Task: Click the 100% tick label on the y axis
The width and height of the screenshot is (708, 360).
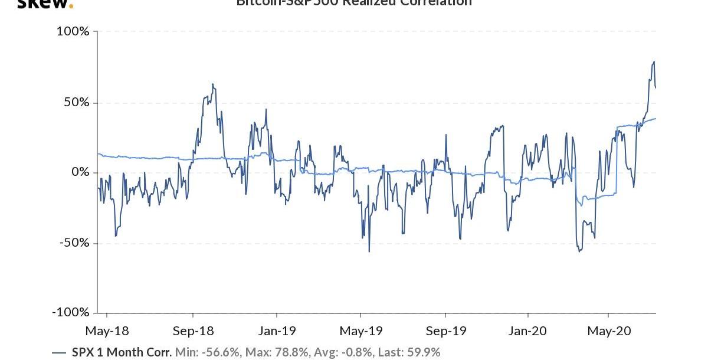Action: click(x=73, y=31)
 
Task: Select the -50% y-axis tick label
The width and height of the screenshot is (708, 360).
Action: click(x=74, y=243)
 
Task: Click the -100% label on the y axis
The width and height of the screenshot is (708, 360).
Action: click(x=71, y=313)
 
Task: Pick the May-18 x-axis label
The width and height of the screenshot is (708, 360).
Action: click(x=107, y=331)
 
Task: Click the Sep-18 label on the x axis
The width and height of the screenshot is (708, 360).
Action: click(x=194, y=331)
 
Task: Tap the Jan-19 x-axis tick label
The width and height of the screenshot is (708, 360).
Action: click(x=277, y=331)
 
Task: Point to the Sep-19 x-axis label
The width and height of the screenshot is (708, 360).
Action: click(x=445, y=331)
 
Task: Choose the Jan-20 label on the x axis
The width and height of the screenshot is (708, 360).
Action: click(x=528, y=331)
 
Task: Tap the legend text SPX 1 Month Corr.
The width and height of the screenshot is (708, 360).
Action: click(x=122, y=352)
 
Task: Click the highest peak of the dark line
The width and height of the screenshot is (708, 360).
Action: click(x=654, y=61)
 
